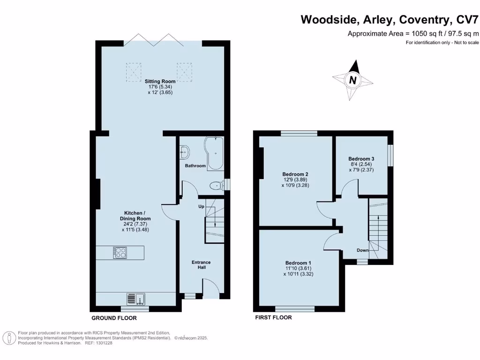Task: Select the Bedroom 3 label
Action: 361,158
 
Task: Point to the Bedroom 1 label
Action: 298,262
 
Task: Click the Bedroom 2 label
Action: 295,174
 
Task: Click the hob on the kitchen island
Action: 120,253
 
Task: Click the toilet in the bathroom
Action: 216,186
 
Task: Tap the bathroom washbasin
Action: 185,150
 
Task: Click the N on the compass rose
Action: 352,80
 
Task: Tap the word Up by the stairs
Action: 201,206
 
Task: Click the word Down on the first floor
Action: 362,250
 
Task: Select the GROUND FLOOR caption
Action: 114,318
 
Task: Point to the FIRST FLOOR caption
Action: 273,317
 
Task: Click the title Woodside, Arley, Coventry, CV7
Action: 390,20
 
